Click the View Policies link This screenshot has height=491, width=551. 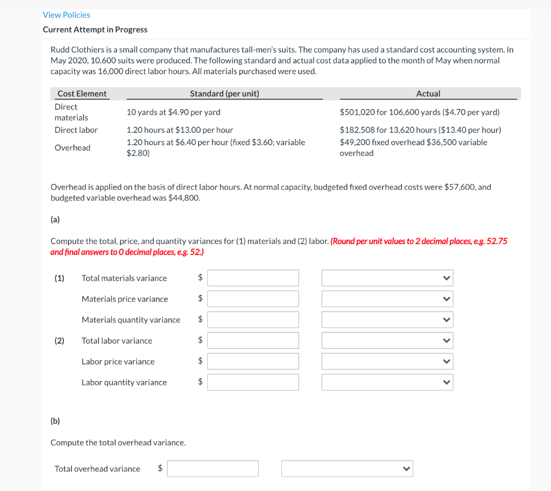click(x=66, y=15)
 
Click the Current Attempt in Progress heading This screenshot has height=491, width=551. click(x=95, y=30)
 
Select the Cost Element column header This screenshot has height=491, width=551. click(x=82, y=94)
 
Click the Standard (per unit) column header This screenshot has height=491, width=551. click(x=224, y=94)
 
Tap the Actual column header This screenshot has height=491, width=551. click(x=428, y=94)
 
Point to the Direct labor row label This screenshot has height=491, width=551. click(x=76, y=130)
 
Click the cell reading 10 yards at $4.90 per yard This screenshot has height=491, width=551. click(x=173, y=112)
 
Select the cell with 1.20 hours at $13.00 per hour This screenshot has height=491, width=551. click(x=179, y=130)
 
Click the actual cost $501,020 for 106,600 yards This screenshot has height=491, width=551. click(x=419, y=112)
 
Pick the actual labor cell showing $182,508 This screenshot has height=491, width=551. click(x=420, y=130)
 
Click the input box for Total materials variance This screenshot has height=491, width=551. click(x=253, y=278)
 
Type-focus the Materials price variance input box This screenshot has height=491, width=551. click(x=253, y=299)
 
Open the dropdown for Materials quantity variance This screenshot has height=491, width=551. click(x=387, y=320)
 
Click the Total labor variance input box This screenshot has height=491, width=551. click(x=253, y=340)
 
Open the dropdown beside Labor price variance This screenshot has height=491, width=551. click(x=387, y=361)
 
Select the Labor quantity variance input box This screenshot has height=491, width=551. click(x=253, y=382)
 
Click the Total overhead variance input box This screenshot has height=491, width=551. click(x=213, y=468)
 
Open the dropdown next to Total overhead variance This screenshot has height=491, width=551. click(x=347, y=468)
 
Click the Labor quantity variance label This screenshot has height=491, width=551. click(x=124, y=382)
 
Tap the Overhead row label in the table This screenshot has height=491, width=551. click(x=72, y=147)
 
